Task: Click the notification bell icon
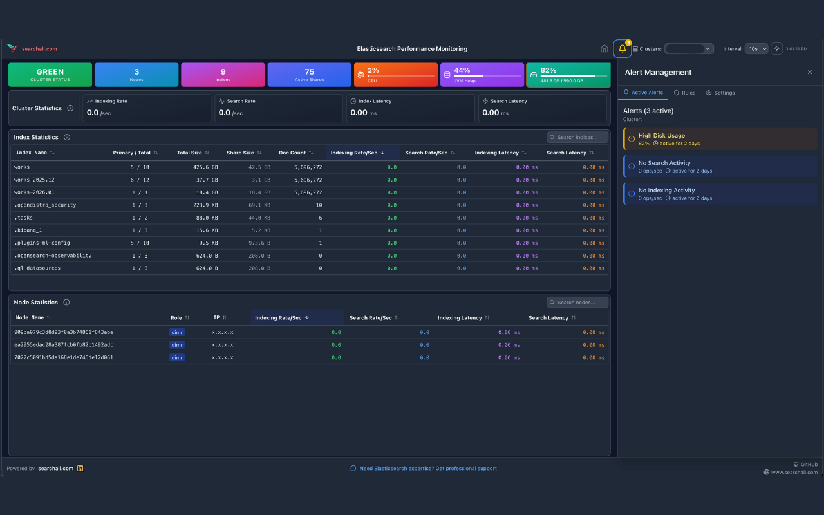(x=622, y=49)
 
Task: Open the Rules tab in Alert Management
(x=684, y=93)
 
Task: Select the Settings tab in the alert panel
(x=720, y=93)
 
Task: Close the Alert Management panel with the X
(x=810, y=73)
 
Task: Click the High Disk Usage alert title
(x=661, y=136)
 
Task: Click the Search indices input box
(x=577, y=137)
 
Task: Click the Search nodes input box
(x=577, y=303)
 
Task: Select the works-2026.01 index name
(x=35, y=192)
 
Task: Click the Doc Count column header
(x=292, y=153)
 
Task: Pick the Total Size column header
(x=190, y=153)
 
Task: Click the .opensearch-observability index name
(x=53, y=256)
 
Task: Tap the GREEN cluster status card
(x=50, y=75)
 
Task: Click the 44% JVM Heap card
(x=482, y=75)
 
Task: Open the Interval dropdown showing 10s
(x=756, y=49)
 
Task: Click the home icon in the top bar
(x=604, y=49)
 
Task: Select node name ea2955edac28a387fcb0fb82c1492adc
(x=64, y=345)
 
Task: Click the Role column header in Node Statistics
(x=176, y=318)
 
